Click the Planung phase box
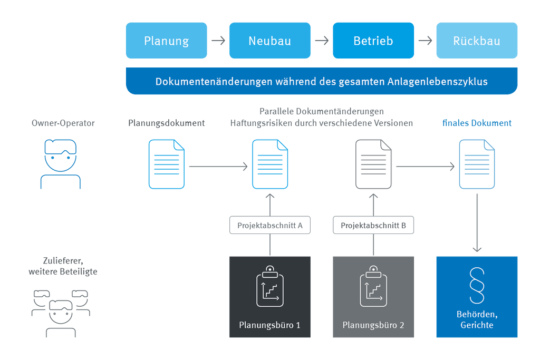[x=167, y=41]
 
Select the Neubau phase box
[x=269, y=41]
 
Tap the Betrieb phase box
[x=373, y=41]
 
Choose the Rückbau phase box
[x=477, y=41]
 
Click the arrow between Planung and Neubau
[x=218, y=41]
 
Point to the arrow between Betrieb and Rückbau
[x=425, y=41]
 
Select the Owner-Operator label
[x=63, y=123]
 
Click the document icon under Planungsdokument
[x=166, y=164]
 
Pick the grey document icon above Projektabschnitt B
[x=373, y=164]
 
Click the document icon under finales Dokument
[x=477, y=164]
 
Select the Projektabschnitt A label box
[x=269, y=225]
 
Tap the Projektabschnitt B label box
[x=373, y=225]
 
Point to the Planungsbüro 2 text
[x=373, y=325]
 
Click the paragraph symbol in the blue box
[x=477, y=285]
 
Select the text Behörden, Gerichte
[x=476, y=320]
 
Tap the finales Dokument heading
[x=477, y=123]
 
